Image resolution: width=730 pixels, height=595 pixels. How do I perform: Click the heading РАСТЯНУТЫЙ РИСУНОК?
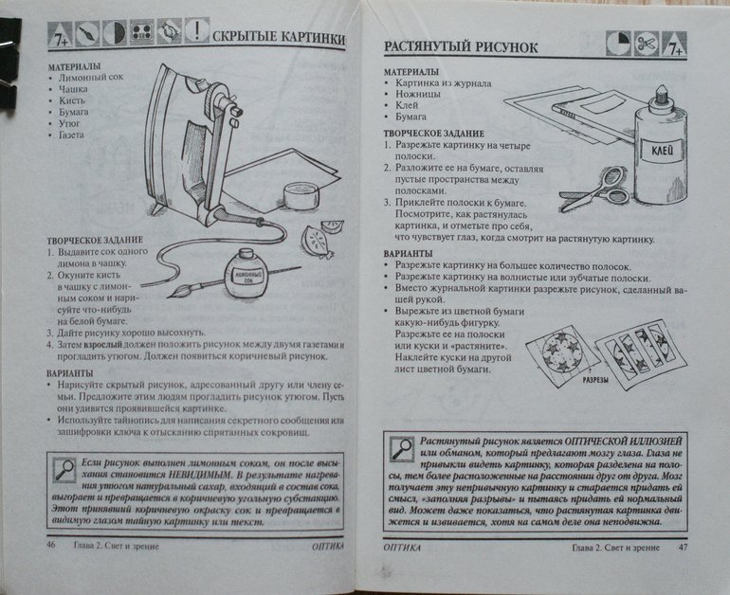tap(461, 47)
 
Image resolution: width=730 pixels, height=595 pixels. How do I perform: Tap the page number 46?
tap(51, 547)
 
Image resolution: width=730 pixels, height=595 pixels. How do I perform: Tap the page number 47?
tap(682, 549)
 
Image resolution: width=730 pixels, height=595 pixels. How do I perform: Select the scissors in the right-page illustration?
tap(595, 189)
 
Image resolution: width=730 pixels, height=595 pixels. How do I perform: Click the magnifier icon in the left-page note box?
tap(65, 468)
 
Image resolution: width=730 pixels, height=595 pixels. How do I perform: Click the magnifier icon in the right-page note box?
tap(401, 447)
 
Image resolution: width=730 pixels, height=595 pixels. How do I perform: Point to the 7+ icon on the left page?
tap(59, 37)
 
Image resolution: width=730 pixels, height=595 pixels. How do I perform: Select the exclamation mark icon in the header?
tap(196, 31)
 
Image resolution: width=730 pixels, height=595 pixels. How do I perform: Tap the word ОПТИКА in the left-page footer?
tap(327, 547)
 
